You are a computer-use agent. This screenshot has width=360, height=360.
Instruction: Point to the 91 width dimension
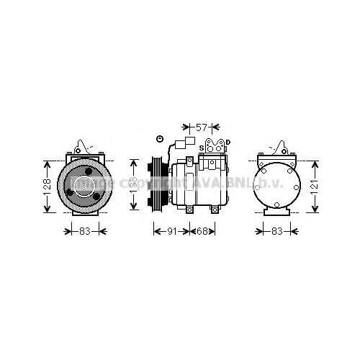coord(171,232)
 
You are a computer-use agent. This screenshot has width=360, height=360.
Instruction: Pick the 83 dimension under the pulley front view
coord(85,232)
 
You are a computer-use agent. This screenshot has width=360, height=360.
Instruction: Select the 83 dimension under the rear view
coord(276,232)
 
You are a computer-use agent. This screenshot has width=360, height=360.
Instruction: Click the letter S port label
coord(202,147)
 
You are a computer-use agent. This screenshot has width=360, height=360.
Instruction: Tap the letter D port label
coord(228,142)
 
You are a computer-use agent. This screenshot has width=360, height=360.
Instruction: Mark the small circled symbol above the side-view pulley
coord(160,139)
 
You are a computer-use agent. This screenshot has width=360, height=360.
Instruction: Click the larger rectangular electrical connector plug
coord(191,143)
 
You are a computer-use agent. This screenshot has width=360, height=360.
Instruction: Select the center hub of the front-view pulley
coord(86,185)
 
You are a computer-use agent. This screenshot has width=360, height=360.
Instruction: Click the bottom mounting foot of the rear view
coord(276,212)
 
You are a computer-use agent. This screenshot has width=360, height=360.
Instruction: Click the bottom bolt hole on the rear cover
coord(276,204)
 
